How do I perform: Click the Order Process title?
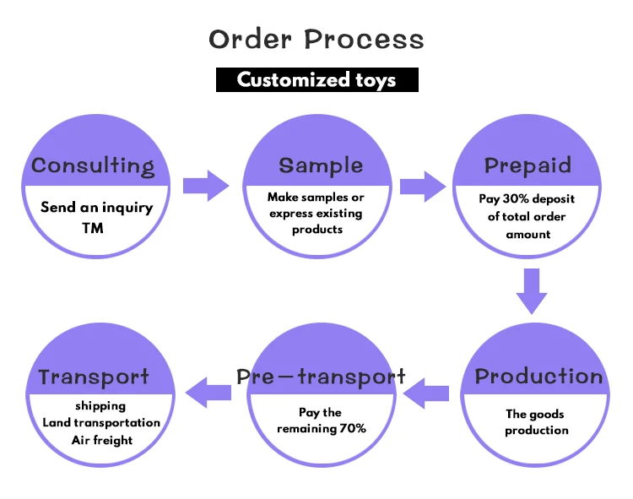(x=316, y=39)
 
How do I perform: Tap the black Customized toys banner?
(x=316, y=79)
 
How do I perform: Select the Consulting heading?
(x=93, y=166)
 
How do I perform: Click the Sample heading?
(x=321, y=165)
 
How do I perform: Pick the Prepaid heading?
(x=527, y=165)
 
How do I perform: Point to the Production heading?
(x=538, y=377)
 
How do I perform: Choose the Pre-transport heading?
(x=321, y=377)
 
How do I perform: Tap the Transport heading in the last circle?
(x=94, y=377)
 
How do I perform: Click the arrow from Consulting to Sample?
(x=206, y=186)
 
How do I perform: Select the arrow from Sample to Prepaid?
(x=423, y=186)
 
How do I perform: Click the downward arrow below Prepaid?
(x=532, y=291)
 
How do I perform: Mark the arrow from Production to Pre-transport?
(x=426, y=393)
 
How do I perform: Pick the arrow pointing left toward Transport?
(x=208, y=393)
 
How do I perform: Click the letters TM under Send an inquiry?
(x=93, y=228)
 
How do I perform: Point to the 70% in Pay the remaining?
(x=353, y=428)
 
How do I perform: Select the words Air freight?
(x=102, y=440)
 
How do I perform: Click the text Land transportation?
(x=101, y=423)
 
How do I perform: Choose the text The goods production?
(x=536, y=422)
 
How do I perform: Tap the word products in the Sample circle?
(x=317, y=230)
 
